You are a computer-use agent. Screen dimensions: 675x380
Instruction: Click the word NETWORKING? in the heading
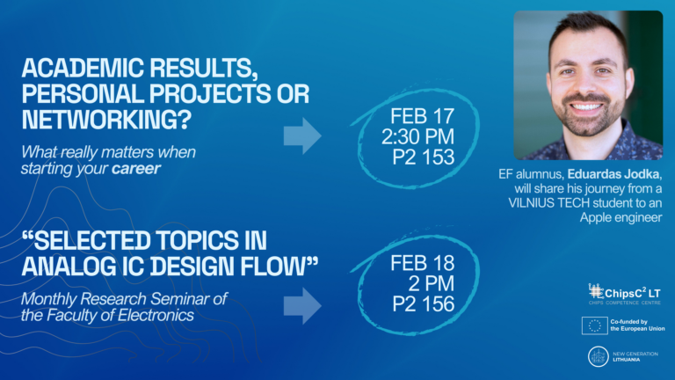coord(106,120)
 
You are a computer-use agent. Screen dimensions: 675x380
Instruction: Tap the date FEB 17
coord(422,116)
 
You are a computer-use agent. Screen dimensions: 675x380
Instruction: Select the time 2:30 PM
coord(417,136)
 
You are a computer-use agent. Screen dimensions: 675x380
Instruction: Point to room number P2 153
coord(423,157)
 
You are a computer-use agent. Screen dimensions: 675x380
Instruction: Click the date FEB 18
coord(422,263)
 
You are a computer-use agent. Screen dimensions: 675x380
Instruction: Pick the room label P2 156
coord(423,304)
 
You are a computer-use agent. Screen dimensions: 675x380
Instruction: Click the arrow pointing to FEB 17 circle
coord(302,135)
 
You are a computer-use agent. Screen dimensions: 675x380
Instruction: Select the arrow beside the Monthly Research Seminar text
coord(302,306)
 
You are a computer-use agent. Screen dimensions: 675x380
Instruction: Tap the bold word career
coord(136,169)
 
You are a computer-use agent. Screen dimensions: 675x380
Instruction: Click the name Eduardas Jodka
coord(613,174)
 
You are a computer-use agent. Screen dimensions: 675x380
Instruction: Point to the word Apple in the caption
coord(597,217)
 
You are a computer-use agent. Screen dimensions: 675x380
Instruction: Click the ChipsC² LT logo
coord(624,294)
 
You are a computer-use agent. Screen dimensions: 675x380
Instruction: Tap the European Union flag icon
coord(594,325)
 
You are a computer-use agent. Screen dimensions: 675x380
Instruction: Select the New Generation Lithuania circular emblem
coord(598,357)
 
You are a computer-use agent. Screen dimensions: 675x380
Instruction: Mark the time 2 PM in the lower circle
coord(431,283)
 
